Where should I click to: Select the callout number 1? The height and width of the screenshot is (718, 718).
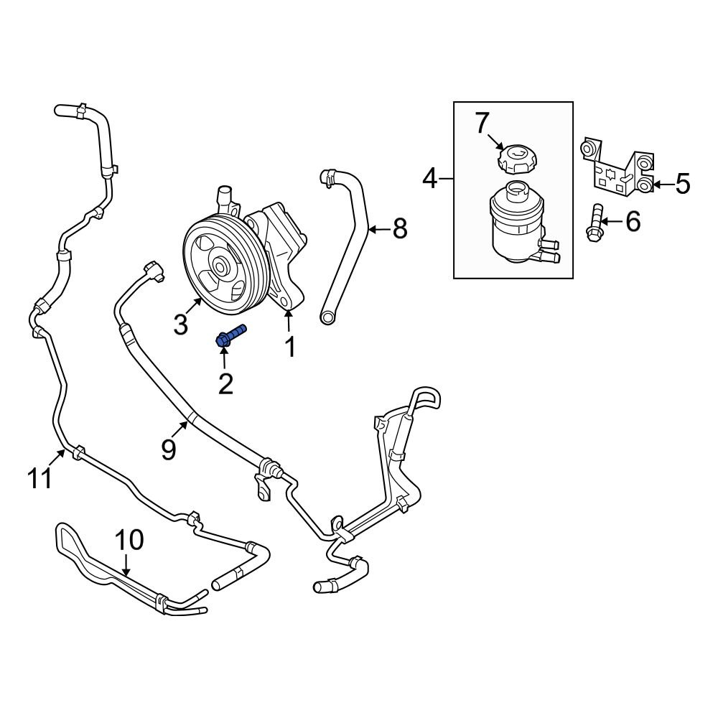pos(290,348)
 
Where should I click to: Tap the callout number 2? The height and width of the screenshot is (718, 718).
pos(225,384)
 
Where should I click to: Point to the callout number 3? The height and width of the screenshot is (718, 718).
pos(180,325)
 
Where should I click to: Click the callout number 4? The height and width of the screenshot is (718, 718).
pos(429,177)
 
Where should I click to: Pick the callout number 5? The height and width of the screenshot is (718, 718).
pos(682,185)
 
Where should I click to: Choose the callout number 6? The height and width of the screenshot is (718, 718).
pos(633,222)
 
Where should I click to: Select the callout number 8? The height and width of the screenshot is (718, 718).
pos(400,229)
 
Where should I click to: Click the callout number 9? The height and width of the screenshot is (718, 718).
pos(168,449)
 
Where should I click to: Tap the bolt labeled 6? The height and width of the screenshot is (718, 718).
pos(594,223)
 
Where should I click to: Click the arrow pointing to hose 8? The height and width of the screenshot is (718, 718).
pos(379,230)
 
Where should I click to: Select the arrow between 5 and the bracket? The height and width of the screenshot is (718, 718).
pos(661,185)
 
